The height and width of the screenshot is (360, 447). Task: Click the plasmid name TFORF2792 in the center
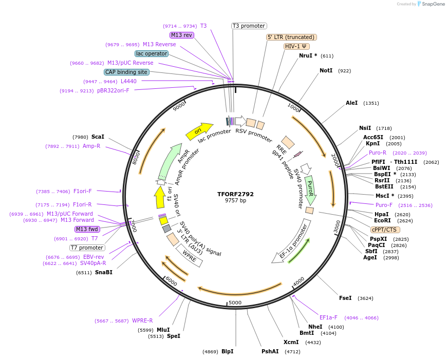[x=235, y=194]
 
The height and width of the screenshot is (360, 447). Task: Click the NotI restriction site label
[x=326, y=70]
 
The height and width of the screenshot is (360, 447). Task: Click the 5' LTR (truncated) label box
[x=291, y=37]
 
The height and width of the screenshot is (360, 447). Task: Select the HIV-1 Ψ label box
[x=297, y=46]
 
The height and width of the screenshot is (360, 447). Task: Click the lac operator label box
[x=152, y=53]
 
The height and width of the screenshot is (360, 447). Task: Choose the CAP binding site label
[x=126, y=72]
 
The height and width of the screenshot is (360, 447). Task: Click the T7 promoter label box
[x=87, y=248]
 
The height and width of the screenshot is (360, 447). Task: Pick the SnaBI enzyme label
[x=103, y=272]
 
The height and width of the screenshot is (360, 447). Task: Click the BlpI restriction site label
[x=227, y=352]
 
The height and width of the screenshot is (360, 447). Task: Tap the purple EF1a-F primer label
[x=328, y=317]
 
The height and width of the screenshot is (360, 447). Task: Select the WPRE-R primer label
[x=142, y=320]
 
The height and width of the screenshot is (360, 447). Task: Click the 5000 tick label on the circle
[x=235, y=302]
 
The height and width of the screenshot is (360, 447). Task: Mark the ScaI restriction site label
[x=98, y=137]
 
